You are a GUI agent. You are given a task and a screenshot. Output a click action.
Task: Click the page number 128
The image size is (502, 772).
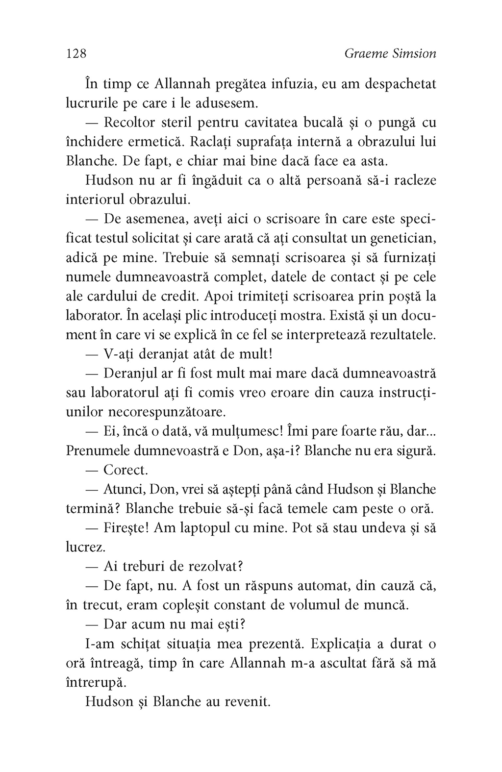76,53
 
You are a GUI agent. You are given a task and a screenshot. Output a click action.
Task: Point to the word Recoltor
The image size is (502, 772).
133,123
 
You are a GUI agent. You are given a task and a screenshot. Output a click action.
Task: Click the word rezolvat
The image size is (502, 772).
212,567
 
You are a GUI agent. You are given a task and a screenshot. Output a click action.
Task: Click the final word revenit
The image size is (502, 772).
247,702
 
